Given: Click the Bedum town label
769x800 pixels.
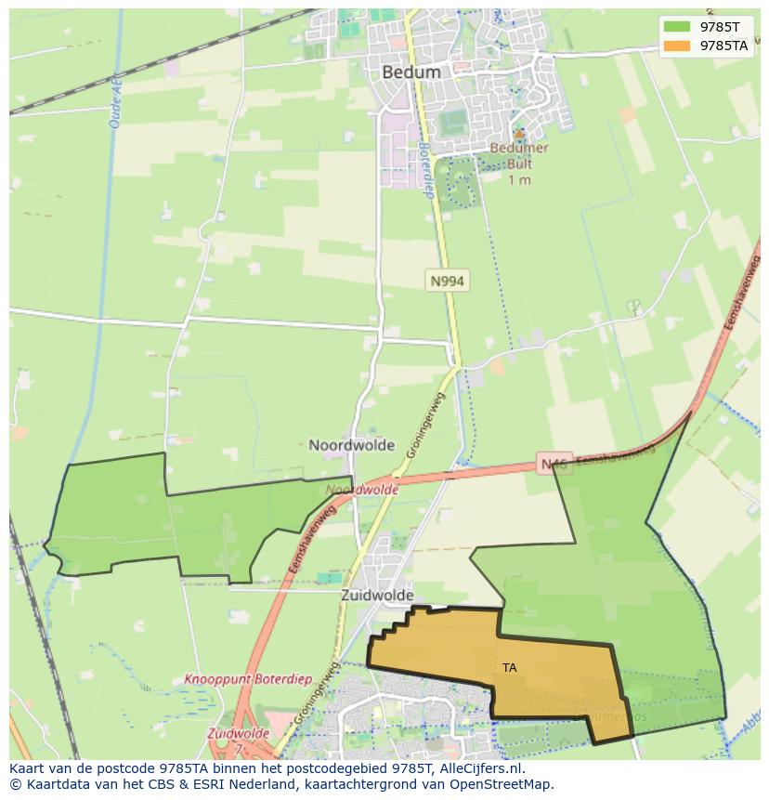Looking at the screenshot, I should point(411,72).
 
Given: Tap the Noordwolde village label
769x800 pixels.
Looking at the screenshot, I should point(351,445).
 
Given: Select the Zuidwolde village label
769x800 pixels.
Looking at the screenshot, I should point(376,595).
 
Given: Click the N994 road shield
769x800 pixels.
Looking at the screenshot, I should point(447,280).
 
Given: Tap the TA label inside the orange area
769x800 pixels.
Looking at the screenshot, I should point(509,667).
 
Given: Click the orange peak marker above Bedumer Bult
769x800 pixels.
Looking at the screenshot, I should point(519,134).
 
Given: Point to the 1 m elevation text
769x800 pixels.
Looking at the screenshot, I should point(519,179).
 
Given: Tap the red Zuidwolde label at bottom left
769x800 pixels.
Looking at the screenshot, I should point(238,734).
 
